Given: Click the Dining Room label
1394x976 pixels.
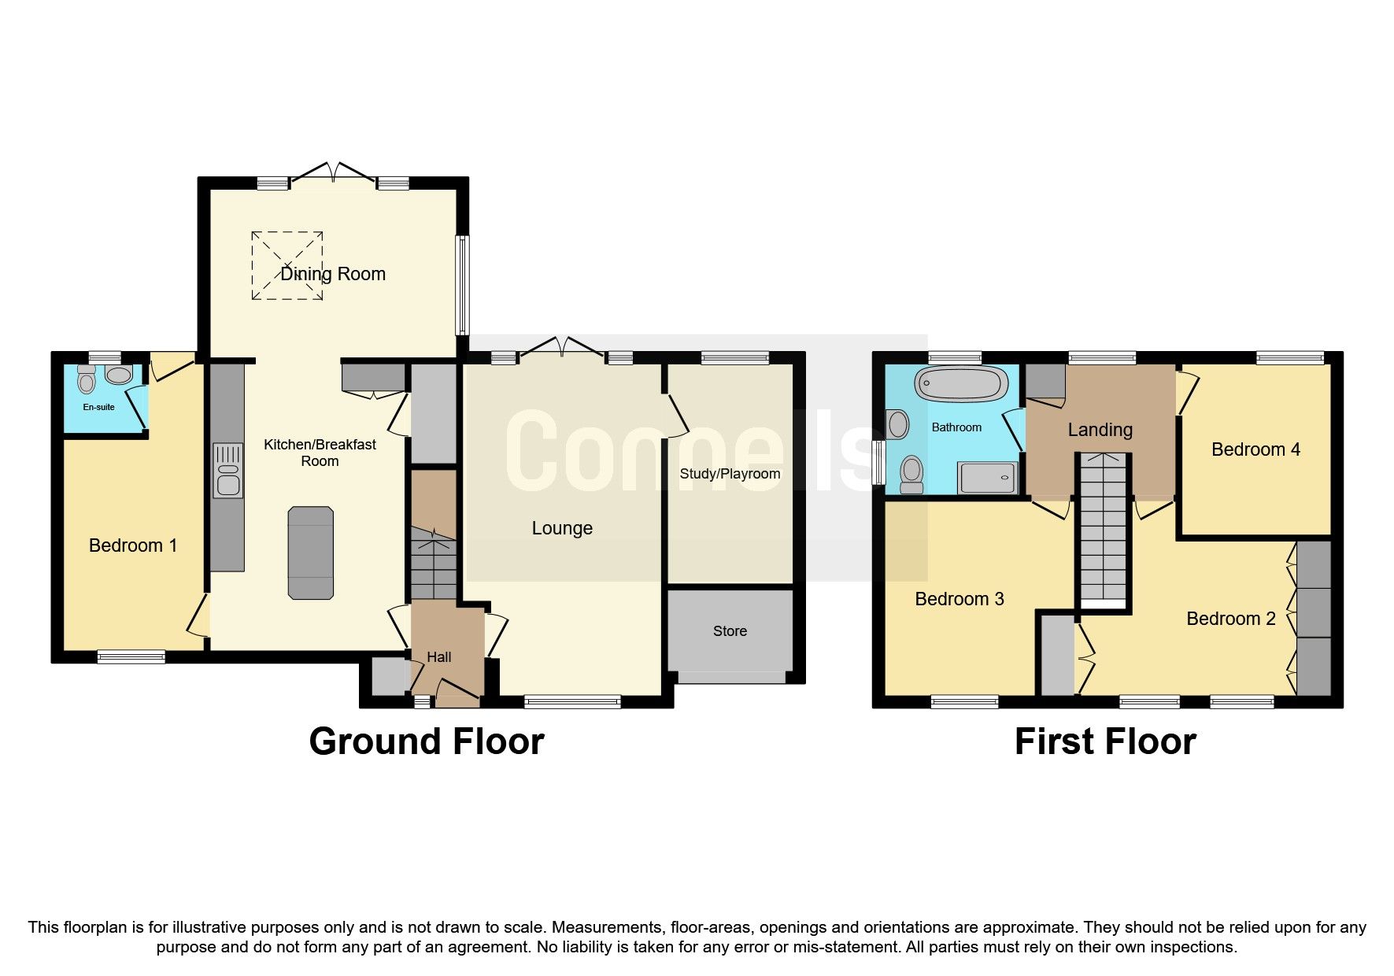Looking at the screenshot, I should (333, 274).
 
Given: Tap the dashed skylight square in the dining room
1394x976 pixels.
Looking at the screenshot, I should (287, 265).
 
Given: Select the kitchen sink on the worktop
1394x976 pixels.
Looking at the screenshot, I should (228, 471).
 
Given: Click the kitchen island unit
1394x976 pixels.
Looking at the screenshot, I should (311, 553).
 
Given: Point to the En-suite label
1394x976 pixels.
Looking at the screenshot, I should (99, 408).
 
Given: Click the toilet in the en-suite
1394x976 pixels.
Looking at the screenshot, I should (87, 381).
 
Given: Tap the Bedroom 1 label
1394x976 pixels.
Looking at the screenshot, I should (133, 545).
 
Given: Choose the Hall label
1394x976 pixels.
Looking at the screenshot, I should (439, 657).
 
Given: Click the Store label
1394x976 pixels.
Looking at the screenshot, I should (730, 631).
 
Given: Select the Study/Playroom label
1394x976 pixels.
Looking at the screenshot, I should (730, 474).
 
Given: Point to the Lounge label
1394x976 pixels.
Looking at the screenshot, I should (562, 528).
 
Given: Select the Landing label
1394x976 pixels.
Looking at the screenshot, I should (1100, 430).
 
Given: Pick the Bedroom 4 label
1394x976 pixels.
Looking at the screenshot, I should (1255, 449).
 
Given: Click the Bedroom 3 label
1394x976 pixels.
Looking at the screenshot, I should (960, 599).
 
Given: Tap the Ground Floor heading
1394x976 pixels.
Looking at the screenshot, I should (427, 741).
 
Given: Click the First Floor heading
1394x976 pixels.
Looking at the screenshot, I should (1105, 741).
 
